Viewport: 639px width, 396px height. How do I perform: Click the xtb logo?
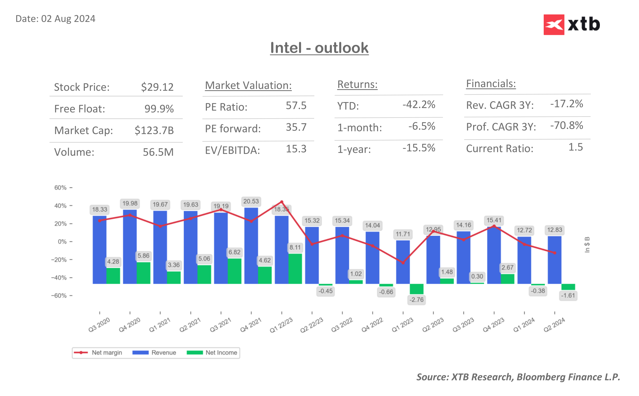coord(571,24)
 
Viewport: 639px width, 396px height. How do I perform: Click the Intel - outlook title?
coord(319,48)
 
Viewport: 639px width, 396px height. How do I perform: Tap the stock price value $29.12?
coord(157,87)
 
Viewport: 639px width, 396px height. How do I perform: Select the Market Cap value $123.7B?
coord(154,130)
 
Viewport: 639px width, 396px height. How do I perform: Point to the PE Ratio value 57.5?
coord(296,105)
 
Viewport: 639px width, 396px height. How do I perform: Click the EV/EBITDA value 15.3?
coord(296,149)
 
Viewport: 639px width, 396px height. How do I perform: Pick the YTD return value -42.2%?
coord(419,104)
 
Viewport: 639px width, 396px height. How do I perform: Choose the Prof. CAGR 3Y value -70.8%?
coord(566,126)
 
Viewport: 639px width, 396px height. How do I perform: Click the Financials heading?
coord(491,84)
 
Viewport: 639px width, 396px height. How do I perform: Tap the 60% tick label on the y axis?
coord(61,187)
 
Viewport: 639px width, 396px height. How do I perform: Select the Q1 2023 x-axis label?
coord(402,325)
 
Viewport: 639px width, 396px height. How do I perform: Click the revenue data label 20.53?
coord(251,201)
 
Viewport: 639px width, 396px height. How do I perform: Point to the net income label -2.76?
coord(416,300)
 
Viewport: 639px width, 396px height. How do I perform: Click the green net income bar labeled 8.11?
coord(295,268)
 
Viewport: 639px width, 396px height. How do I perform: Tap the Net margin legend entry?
coord(98,352)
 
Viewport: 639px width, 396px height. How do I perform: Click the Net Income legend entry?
coord(212,352)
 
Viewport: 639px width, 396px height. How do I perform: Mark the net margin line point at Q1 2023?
coord(403,263)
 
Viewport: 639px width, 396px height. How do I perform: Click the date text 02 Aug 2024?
coord(68,19)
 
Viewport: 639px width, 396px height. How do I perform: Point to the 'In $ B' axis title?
coord(587,245)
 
